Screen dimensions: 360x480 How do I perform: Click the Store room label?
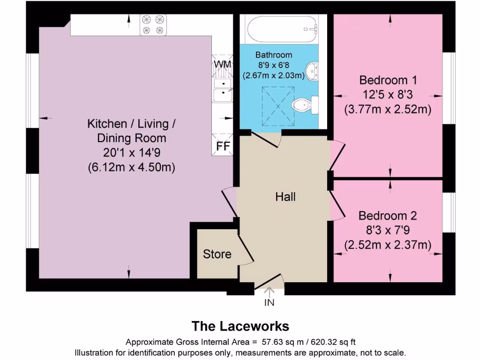(217, 254)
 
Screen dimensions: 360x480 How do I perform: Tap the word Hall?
(285, 196)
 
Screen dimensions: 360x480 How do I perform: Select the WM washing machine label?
(222, 64)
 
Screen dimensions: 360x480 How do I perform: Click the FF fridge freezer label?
(223, 146)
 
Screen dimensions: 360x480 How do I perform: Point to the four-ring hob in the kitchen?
(154, 25)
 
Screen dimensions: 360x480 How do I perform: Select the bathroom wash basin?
(313, 71)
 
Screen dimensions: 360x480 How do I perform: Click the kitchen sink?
(223, 90)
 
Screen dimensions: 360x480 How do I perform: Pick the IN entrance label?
(269, 303)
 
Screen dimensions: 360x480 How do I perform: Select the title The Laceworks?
(240, 326)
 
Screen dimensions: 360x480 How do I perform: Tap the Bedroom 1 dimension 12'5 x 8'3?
(388, 94)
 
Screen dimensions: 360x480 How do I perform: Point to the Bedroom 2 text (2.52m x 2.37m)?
(388, 245)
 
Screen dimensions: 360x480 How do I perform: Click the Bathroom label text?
(274, 55)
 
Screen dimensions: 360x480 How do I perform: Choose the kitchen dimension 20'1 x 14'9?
(131, 152)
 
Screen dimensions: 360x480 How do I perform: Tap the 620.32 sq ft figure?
(328, 342)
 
